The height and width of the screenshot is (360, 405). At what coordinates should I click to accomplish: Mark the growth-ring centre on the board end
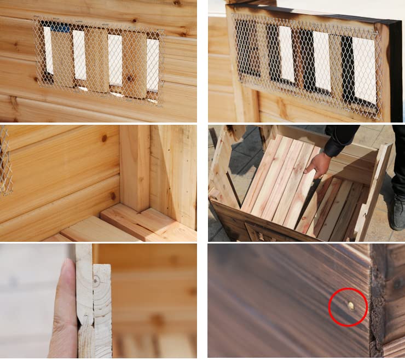coord(97,281)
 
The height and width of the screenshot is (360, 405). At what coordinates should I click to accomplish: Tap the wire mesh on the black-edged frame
coord(306,60)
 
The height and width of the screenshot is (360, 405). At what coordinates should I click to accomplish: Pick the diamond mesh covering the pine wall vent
coord(99,60)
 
